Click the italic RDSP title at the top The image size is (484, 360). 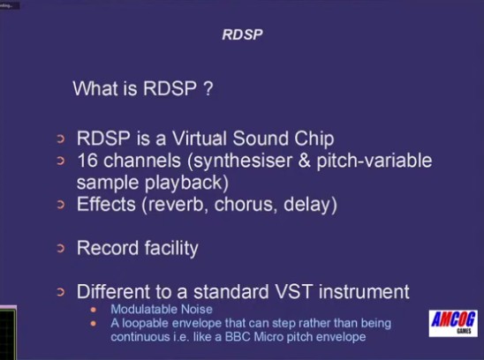point(242,34)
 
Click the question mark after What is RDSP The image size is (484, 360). point(208,88)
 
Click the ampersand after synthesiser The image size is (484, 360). point(304,161)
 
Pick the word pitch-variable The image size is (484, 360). point(374,161)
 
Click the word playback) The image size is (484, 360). point(186,184)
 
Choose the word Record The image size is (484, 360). point(108,248)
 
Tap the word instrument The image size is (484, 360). point(364,291)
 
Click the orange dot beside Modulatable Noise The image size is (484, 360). point(94,310)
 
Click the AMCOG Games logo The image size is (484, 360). point(453,323)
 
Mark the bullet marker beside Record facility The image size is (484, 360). point(61,248)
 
